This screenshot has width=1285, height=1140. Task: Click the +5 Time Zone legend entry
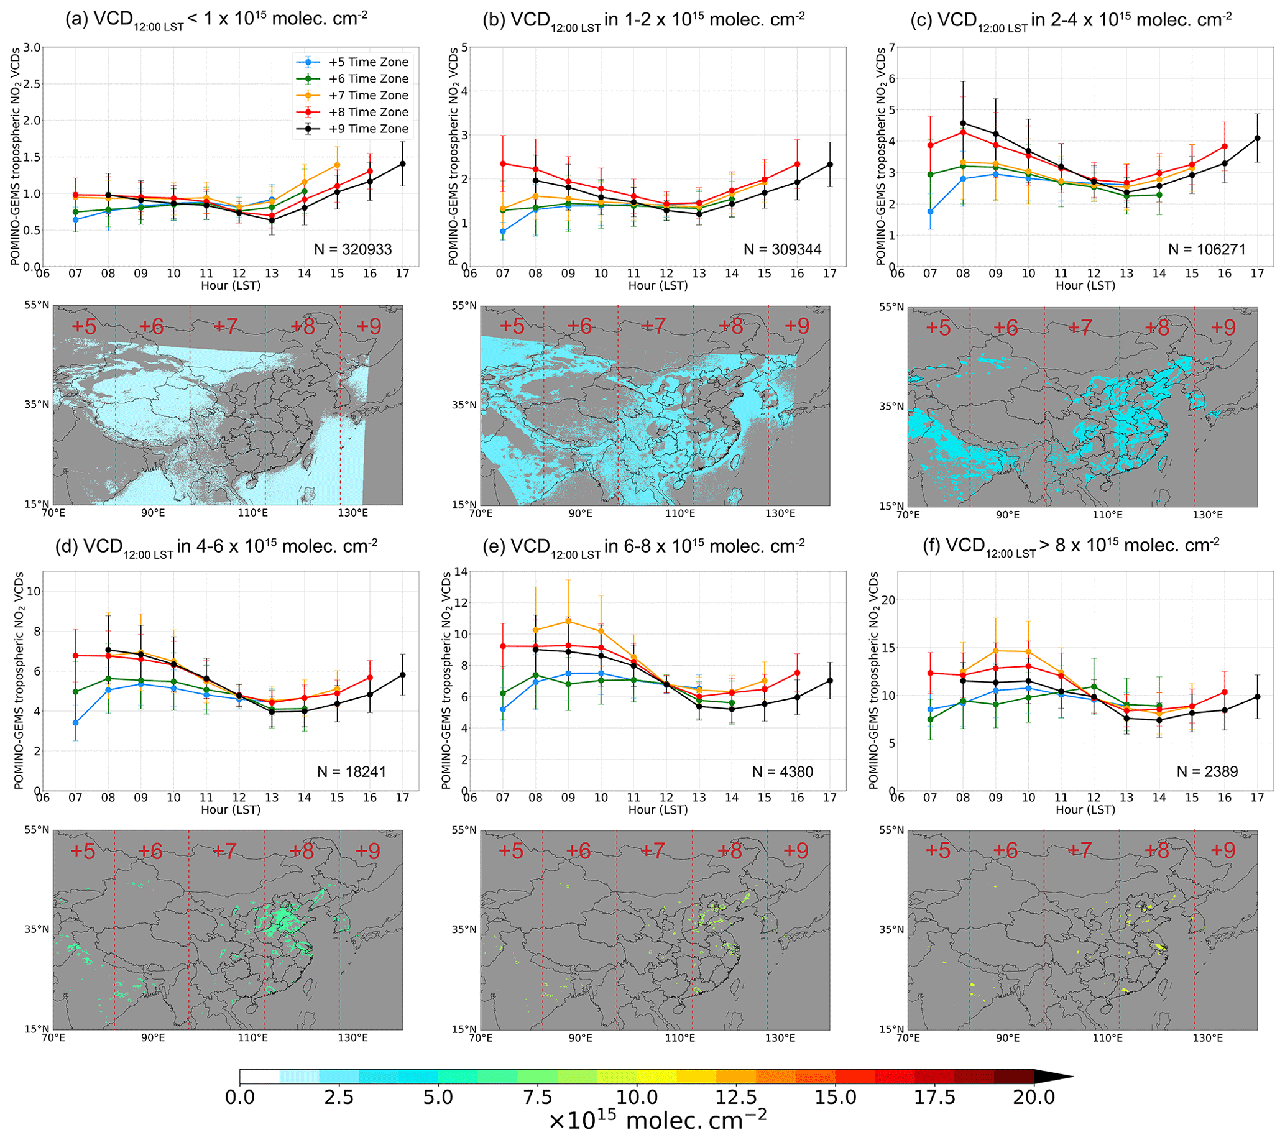369,62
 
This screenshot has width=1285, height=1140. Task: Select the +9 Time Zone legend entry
369,129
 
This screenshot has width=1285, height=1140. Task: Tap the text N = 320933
352,249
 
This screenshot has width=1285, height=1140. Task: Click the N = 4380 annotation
782,772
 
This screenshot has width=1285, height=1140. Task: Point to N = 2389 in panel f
1207,772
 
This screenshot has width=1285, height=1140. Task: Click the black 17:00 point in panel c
1256,138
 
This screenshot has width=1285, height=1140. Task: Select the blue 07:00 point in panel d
75,723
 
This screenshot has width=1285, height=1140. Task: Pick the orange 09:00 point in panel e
568,622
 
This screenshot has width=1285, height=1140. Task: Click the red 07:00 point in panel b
503,163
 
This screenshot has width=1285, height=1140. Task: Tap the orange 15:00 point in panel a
337,165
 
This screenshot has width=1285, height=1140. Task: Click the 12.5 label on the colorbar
736,1097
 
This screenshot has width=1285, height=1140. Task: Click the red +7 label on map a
226,326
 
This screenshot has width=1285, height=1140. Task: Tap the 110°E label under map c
1107,515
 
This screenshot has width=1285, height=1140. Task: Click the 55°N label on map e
464,830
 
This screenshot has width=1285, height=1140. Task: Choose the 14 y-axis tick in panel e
461,572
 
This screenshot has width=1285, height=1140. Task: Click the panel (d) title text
216,546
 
